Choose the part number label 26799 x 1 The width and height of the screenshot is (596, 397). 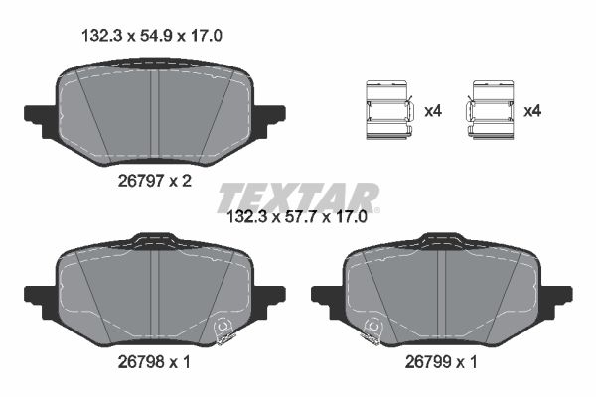coord(441,363)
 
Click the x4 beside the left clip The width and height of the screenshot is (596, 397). coord(432,111)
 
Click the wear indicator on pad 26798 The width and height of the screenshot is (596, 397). coord(224,325)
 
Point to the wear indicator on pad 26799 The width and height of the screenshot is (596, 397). coord(373,327)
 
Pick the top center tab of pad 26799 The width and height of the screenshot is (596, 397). coord(441,240)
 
